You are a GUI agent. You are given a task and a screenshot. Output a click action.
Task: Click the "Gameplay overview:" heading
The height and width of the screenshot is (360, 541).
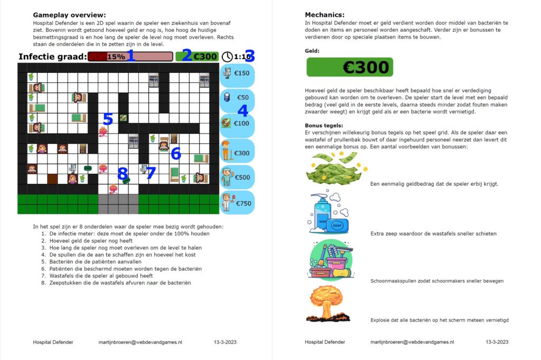(x=69, y=15)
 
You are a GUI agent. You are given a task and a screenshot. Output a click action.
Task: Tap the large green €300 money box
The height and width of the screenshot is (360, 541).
(x=350, y=67)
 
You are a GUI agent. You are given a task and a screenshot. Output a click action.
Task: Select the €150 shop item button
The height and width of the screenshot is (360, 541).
(x=237, y=73)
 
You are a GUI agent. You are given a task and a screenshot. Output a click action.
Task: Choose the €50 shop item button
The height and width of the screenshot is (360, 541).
(x=237, y=98)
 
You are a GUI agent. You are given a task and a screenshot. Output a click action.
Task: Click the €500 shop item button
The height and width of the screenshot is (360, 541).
(x=237, y=177)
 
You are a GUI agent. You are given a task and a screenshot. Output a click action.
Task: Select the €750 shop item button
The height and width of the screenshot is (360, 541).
(x=237, y=203)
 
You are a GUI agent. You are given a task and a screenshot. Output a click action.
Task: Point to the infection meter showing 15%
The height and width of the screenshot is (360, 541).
(x=130, y=56)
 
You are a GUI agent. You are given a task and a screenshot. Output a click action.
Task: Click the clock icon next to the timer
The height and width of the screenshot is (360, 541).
(x=227, y=56)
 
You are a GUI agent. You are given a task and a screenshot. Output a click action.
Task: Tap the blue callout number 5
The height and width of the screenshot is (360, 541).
(x=108, y=120)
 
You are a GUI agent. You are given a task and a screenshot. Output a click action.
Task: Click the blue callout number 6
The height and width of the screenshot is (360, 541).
(x=176, y=154)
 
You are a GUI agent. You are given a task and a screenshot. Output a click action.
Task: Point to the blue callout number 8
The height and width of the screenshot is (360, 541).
(x=123, y=173)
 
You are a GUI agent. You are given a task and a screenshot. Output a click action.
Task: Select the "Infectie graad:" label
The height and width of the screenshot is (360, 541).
(x=52, y=56)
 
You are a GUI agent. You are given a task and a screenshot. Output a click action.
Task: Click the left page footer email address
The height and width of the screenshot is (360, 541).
(x=140, y=342)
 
